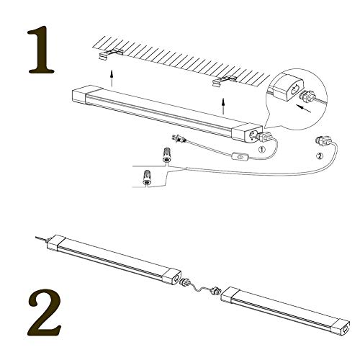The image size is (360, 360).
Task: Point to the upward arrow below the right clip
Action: pyautogui.click(x=224, y=108)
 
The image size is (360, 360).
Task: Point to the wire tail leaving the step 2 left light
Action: pyautogui.click(x=42, y=239)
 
